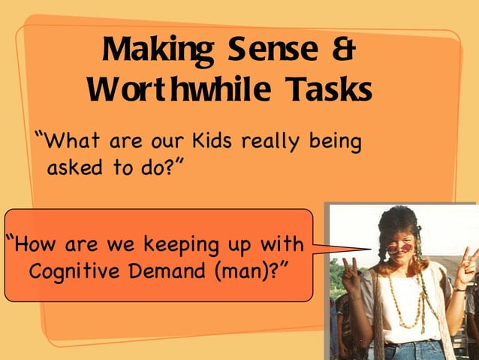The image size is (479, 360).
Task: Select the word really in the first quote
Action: point(279,142)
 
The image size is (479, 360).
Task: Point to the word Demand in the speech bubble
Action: point(173,270)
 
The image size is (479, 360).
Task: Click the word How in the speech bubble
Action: point(32,244)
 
